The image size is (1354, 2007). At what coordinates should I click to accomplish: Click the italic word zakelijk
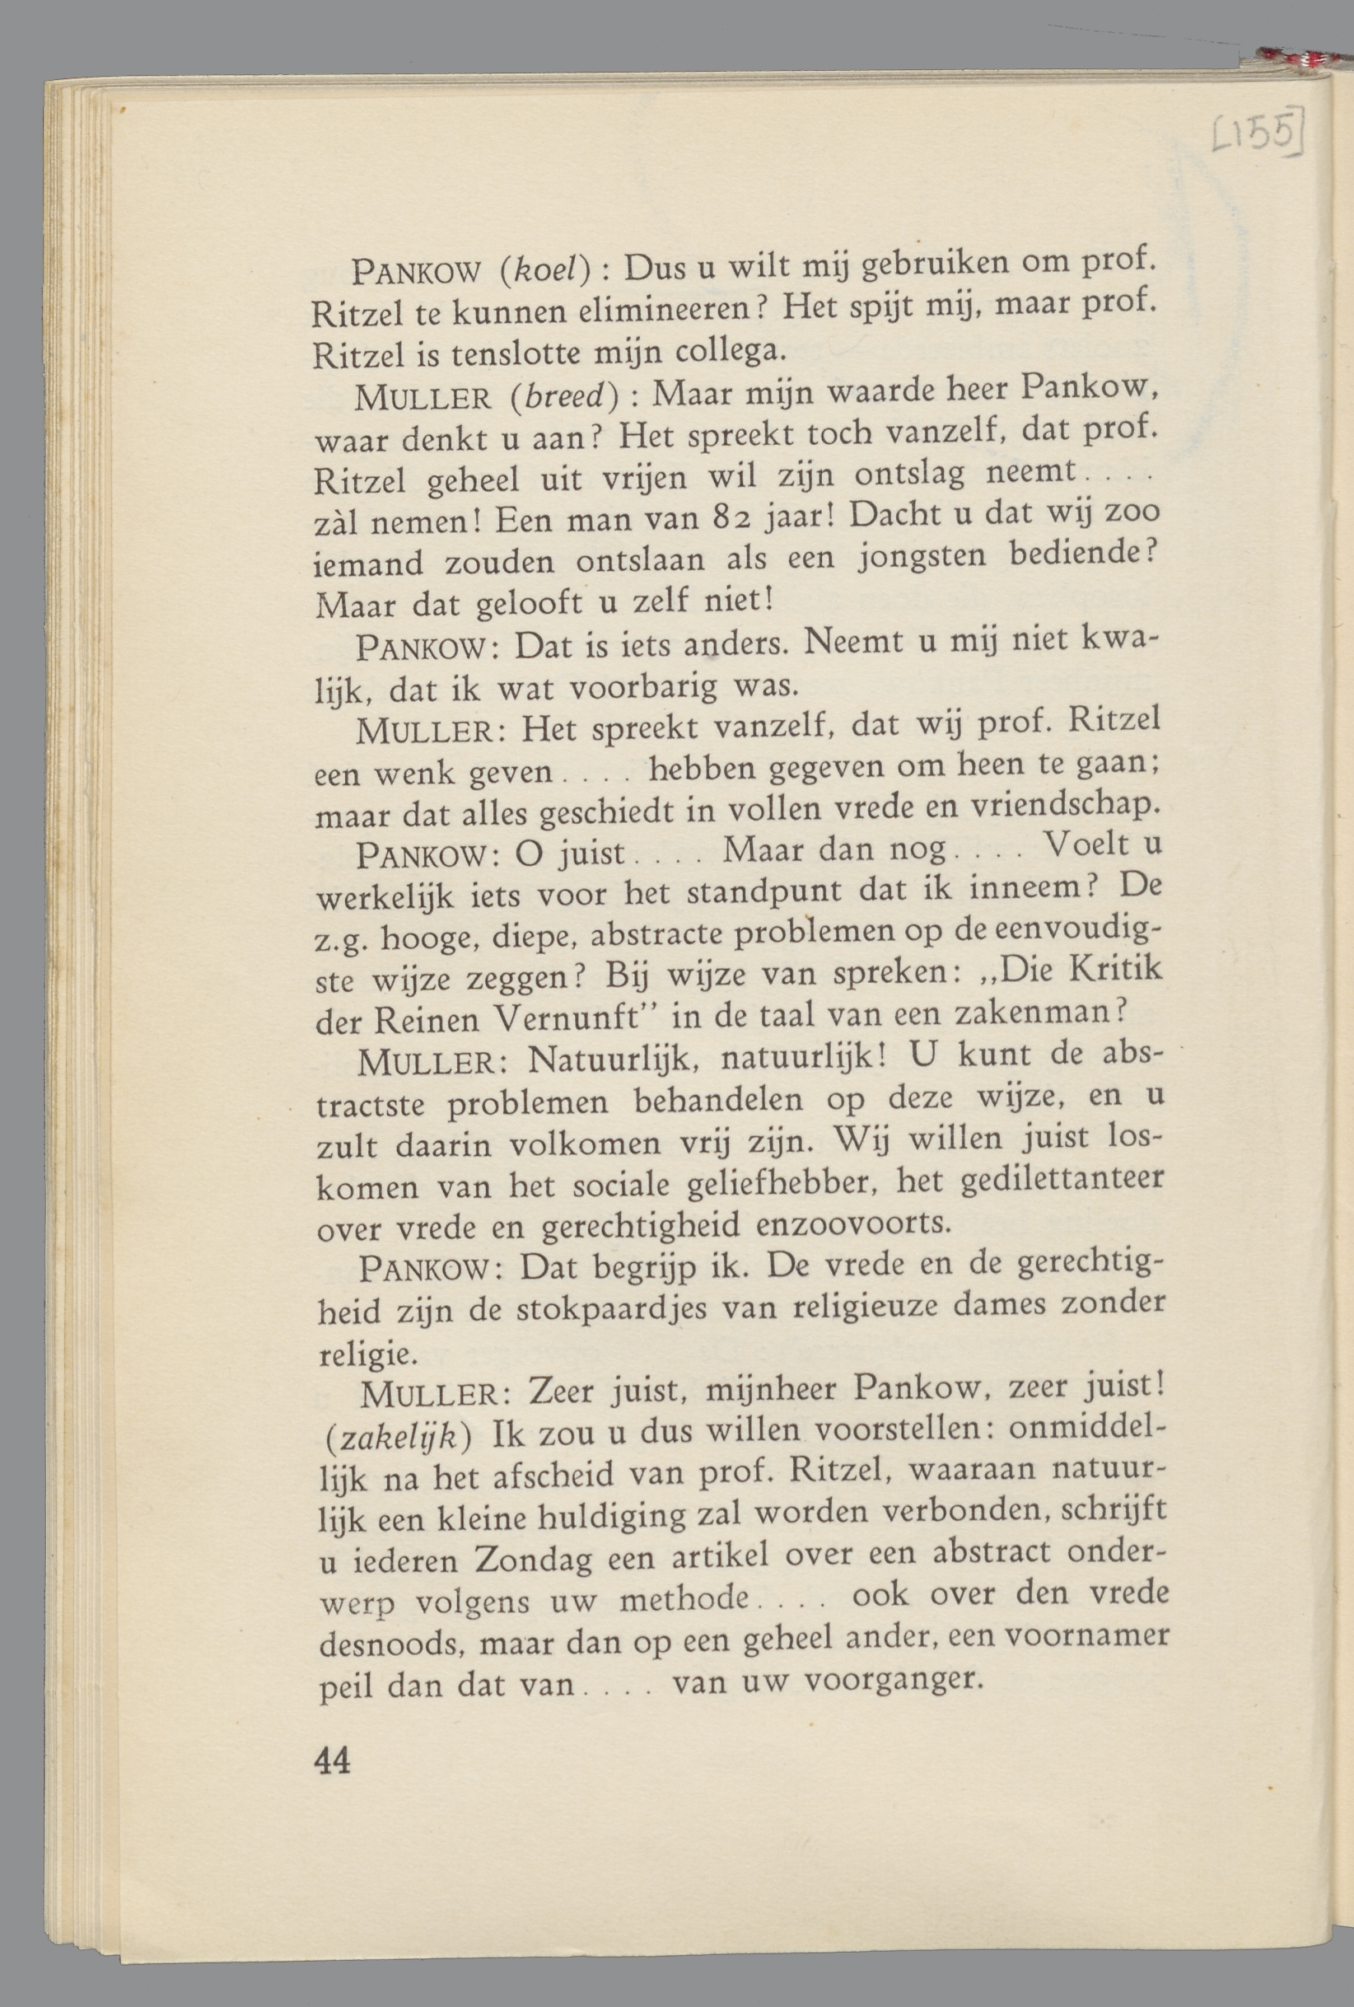pyautogui.click(x=396, y=1436)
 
